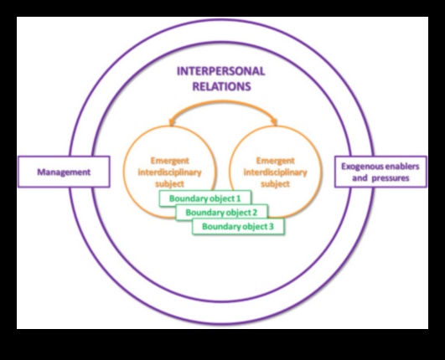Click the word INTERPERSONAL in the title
[222, 72]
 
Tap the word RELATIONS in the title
[222, 85]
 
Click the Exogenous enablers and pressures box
[377, 172]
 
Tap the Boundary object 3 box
[239, 226]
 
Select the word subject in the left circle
[170, 183]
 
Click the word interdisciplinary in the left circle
[170, 172]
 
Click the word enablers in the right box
[401, 167]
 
